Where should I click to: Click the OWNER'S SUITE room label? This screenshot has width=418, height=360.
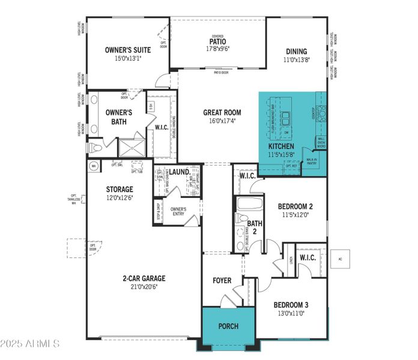(127, 50)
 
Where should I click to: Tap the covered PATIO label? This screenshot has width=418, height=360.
(217, 41)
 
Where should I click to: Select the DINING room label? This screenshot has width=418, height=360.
(296, 52)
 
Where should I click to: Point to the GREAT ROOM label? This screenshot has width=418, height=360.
(222, 112)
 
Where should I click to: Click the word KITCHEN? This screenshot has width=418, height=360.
(281, 146)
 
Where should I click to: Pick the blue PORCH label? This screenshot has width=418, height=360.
(228, 326)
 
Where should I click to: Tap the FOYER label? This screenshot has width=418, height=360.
(222, 281)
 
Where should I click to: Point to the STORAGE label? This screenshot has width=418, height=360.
(120, 190)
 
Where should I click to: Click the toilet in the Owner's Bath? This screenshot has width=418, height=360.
(94, 148)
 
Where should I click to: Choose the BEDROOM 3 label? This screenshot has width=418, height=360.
(291, 304)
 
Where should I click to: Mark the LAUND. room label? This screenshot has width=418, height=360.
(180, 172)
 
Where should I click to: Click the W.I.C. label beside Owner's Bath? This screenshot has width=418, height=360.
(161, 127)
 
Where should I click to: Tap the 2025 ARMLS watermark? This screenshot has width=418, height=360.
(30, 344)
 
